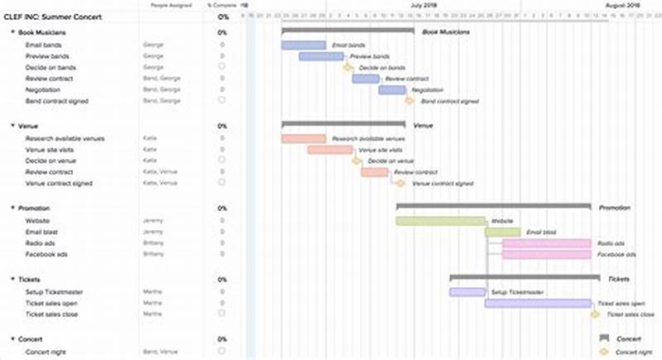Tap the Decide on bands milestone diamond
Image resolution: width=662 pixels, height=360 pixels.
[348, 67]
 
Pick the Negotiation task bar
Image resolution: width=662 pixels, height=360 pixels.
[392, 89]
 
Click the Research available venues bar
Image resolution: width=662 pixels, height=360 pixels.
[304, 138]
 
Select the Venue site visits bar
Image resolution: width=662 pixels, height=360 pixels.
[330, 150]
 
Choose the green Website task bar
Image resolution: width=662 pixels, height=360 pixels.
[440, 221]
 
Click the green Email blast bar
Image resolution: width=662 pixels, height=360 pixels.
[502, 233]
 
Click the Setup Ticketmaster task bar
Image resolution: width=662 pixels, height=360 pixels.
[468, 292]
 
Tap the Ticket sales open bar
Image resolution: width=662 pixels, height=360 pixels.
[538, 303]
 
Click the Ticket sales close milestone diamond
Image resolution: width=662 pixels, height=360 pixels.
[595, 314]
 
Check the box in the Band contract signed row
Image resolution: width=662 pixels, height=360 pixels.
[222, 100]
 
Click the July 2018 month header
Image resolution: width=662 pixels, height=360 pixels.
[424, 5]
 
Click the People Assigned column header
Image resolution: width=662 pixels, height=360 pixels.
[169, 5]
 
